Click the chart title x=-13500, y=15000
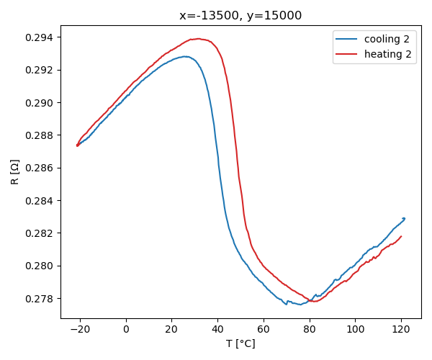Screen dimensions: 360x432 (x=240, y=15)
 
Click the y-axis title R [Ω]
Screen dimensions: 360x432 (x=15, y=171)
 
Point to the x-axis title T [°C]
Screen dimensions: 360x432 (x=240, y=343)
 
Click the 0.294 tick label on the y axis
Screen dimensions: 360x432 (x=38, y=37)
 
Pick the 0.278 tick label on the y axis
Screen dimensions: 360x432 (x=38, y=299)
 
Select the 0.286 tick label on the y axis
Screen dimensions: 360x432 (x=38, y=168)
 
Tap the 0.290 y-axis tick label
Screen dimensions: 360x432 (x=38, y=103)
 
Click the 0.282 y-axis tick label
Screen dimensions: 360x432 (x=38, y=233)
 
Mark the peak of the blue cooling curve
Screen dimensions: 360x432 (x=186, y=56)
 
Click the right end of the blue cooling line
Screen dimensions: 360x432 (x=405, y=218)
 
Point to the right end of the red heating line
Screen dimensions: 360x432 (x=401, y=236)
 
